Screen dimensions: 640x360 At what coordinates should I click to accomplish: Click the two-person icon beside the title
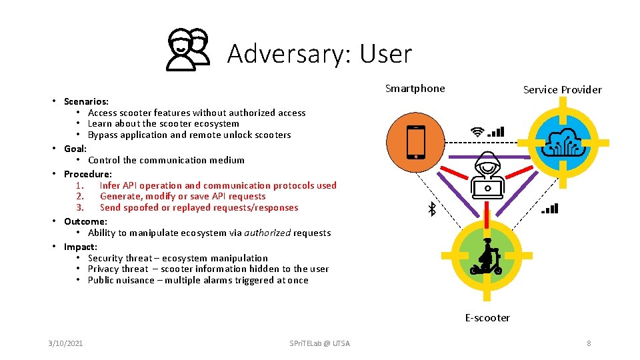click(x=187, y=50)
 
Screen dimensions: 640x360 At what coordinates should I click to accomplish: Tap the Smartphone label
click(x=415, y=89)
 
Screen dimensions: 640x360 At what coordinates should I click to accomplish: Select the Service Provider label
click(x=562, y=89)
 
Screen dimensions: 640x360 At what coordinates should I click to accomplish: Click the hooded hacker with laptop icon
click(x=488, y=176)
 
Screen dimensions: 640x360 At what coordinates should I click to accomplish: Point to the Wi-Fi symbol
click(x=477, y=132)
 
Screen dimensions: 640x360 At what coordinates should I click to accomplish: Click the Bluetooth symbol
click(x=431, y=209)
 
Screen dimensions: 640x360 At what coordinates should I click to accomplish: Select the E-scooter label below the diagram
click(x=487, y=318)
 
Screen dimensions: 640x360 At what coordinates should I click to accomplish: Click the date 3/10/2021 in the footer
click(x=65, y=343)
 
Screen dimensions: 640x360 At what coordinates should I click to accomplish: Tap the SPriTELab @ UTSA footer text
click(x=319, y=343)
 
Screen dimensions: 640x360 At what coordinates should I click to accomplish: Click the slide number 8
click(x=589, y=343)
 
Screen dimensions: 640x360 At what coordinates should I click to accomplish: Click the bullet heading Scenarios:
click(x=86, y=101)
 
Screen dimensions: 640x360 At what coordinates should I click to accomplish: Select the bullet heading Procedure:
click(x=87, y=174)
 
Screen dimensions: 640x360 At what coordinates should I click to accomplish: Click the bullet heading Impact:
click(x=80, y=247)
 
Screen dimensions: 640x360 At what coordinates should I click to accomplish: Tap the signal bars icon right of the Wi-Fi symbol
click(x=496, y=132)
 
